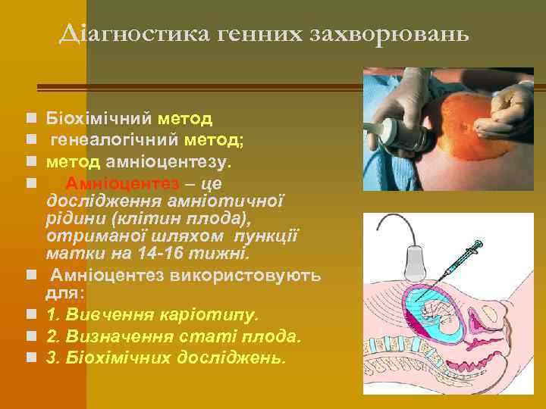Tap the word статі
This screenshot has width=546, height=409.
point(205,336)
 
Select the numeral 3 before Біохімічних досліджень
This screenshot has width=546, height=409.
point(51,357)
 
